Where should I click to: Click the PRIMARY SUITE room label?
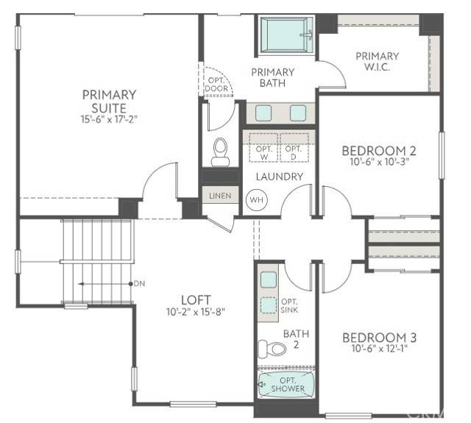[x=109, y=101]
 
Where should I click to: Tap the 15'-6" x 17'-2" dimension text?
[x=109, y=118]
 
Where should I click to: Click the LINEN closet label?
[x=220, y=196]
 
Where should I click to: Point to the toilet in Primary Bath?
[x=220, y=152]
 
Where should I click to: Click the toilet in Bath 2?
[x=272, y=346]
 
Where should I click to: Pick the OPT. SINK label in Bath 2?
[x=289, y=306]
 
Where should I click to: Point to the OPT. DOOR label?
[x=216, y=83]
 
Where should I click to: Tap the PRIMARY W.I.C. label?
[x=378, y=61]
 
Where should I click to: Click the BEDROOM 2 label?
[x=379, y=151]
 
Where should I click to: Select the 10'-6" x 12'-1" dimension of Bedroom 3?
[x=379, y=349]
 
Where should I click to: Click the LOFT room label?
[x=196, y=299]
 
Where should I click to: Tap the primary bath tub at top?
[x=287, y=34]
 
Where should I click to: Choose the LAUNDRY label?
[x=279, y=177]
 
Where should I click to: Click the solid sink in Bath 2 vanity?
[x=269, y=279]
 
